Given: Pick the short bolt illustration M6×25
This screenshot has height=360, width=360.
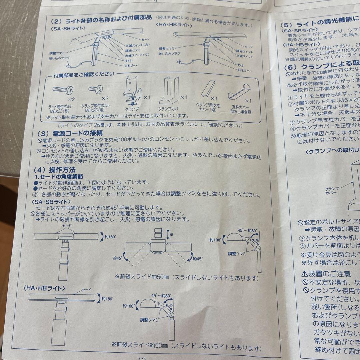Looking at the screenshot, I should click(95, 89).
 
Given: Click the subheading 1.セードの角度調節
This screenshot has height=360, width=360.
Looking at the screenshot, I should click(59, 177).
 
